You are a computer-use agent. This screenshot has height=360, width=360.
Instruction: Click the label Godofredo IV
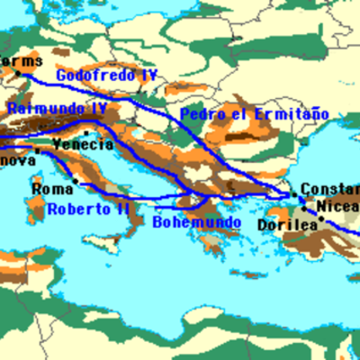106,76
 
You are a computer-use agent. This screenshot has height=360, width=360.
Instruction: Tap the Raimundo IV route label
56,109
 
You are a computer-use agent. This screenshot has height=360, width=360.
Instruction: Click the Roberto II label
88,209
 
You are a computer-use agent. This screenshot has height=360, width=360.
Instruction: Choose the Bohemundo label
196,221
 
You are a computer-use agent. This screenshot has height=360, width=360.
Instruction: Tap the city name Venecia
83,145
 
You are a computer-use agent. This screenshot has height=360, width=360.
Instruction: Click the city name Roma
50,190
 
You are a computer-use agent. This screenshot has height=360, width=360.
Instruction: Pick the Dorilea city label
286,224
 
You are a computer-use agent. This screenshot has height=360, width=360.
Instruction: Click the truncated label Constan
329,189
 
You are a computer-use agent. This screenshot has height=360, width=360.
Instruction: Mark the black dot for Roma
76,181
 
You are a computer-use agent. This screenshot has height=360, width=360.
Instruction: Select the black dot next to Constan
292,193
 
